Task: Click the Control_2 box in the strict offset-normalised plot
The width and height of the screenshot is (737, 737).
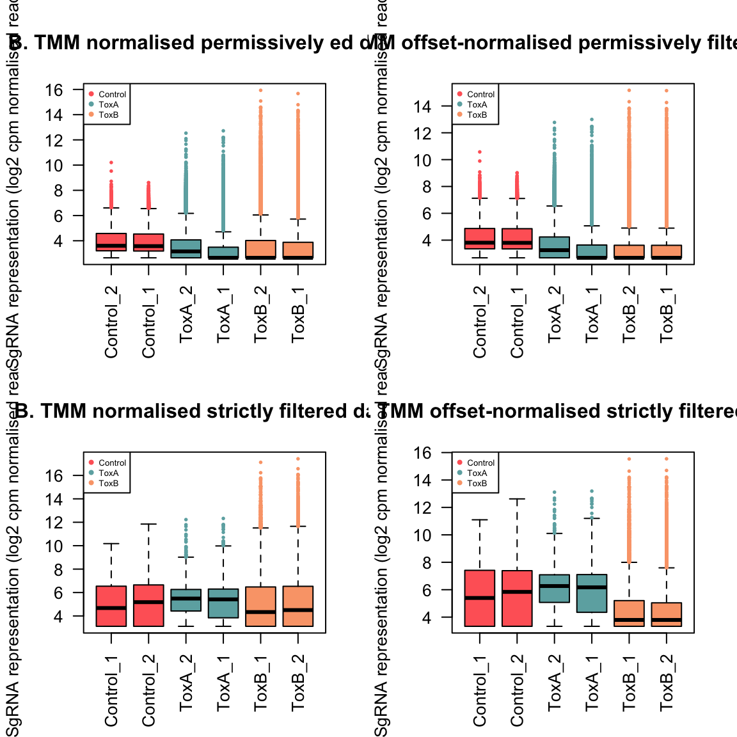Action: click(517, 598)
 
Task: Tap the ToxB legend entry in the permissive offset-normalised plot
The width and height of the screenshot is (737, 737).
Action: click(477, 115)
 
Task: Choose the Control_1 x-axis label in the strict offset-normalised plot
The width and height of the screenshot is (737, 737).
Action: click(480, 691)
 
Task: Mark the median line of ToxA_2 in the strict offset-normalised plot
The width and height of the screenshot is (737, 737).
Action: click(555, 585)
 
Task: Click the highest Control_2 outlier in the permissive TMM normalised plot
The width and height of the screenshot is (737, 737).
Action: click(111, 162)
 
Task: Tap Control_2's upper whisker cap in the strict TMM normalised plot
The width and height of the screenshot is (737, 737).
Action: click(148, 524)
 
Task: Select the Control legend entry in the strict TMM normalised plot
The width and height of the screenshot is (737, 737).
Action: click(112, 463)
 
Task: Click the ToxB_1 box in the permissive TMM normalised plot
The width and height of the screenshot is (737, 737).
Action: click(298, 250)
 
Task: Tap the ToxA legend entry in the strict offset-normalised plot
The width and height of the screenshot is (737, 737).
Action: click(477, 473)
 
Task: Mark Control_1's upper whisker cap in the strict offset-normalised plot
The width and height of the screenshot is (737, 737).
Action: click(480, 519)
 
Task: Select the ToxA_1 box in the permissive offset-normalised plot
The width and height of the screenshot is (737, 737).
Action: click(592, 251)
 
